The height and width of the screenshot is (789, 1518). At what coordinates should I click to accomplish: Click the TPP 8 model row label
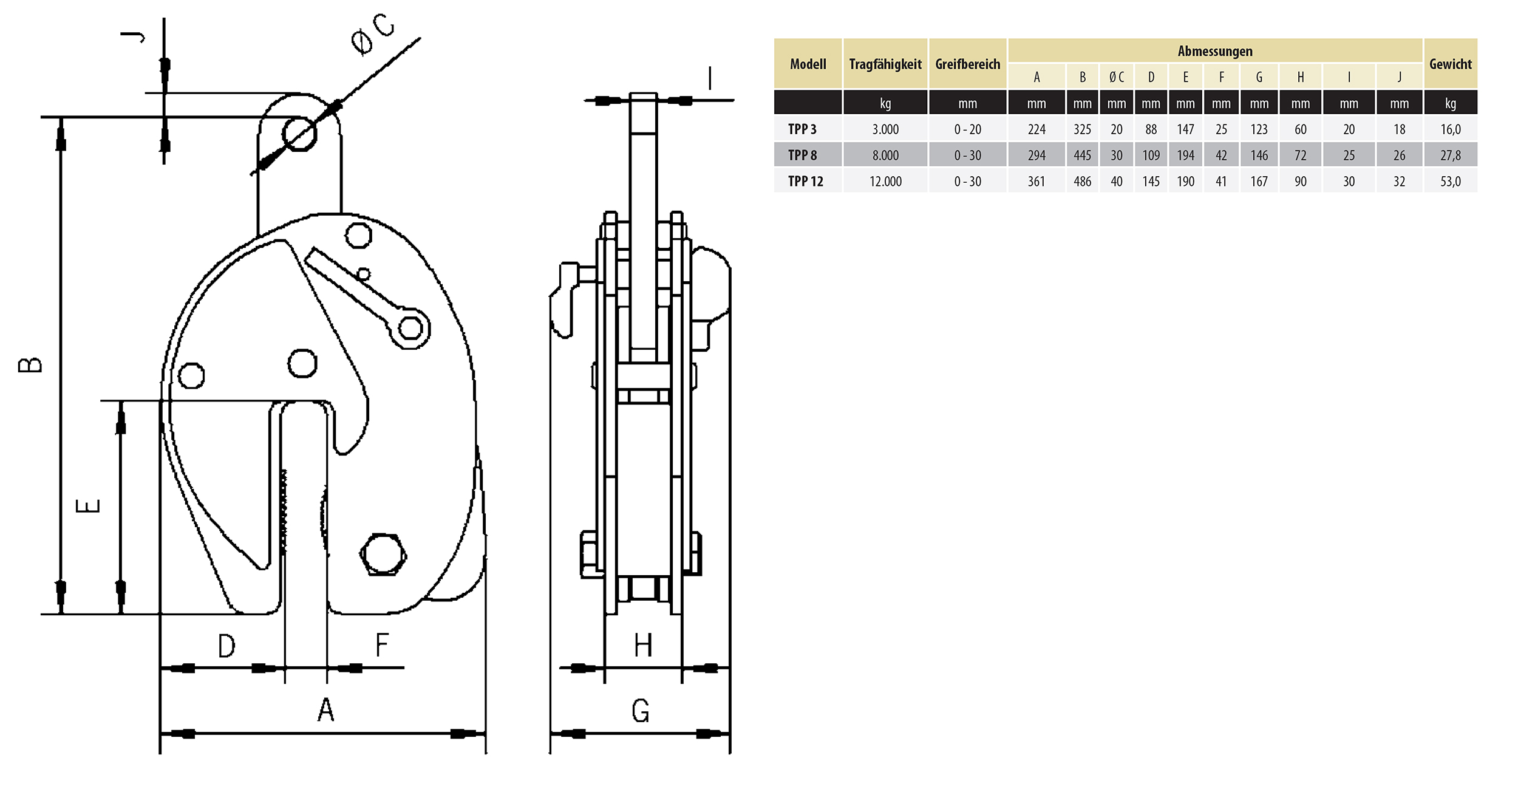coord(802,155)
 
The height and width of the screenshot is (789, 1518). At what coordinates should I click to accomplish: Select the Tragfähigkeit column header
coord(885,64)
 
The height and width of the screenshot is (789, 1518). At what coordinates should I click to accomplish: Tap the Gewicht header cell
coord(1450,64)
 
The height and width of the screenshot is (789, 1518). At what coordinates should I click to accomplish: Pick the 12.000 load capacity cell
coord(885,182)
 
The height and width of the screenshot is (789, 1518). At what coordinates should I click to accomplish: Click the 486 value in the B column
coord(1082,182)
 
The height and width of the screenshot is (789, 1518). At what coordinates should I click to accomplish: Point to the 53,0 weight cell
coord(1450,182)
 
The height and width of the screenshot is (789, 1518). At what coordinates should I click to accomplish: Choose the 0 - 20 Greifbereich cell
coord(967,129)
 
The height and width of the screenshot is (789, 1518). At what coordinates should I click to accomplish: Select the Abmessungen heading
coord(1215,52)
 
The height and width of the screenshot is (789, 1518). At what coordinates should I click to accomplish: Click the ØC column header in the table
coord(1116,77)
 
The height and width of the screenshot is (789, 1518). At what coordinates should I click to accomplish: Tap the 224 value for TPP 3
coord(1036,129)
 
